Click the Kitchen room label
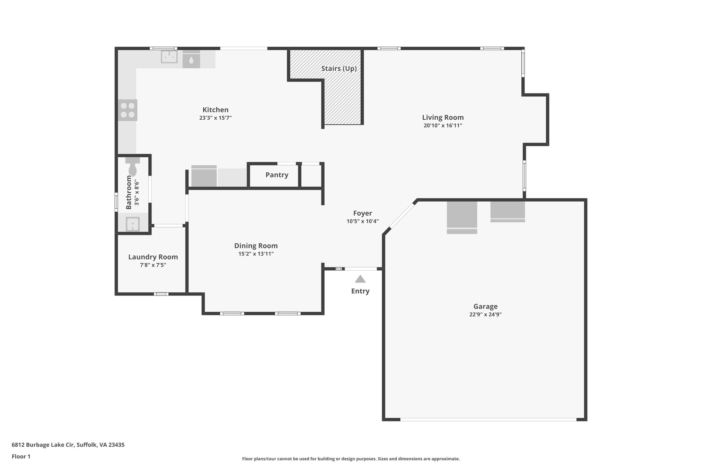pyautogui.click(x=215, y=110)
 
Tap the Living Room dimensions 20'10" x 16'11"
pyautogui.click(x=443, y=125)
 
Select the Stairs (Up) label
pyautogui.click(x=339, y=69)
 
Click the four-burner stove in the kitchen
pyautogui.click(x=128, y=110)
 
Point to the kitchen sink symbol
pyautogui.click(x=169, y=57)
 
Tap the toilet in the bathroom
pyautogui.click(x=133, y=168)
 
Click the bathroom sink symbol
pyautogui.click(x=132, y=224)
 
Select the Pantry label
pyautogui.click(x=277, y=175)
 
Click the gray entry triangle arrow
pyautogui.click(x=360, y=279)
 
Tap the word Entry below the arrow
pyautogui.click(x=360, y=291)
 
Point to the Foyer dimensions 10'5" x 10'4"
pyautogui.click(x=362, y=221)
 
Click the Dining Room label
pyautogui.click(x=256, y=246)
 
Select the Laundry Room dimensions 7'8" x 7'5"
pyautogui.click(x=153, y=265)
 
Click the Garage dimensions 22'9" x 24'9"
pyautogui.click(x=485, y=314)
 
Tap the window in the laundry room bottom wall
pyautogui.click(x=161, y=294)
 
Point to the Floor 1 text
pyautogui.click(x=21, y=456)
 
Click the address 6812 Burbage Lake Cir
pyautogui.click(x=68, y=445)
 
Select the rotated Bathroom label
pyautogui.click(x=129, y=192)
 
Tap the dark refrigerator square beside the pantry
pyautogui.click(x=204, y=177)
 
